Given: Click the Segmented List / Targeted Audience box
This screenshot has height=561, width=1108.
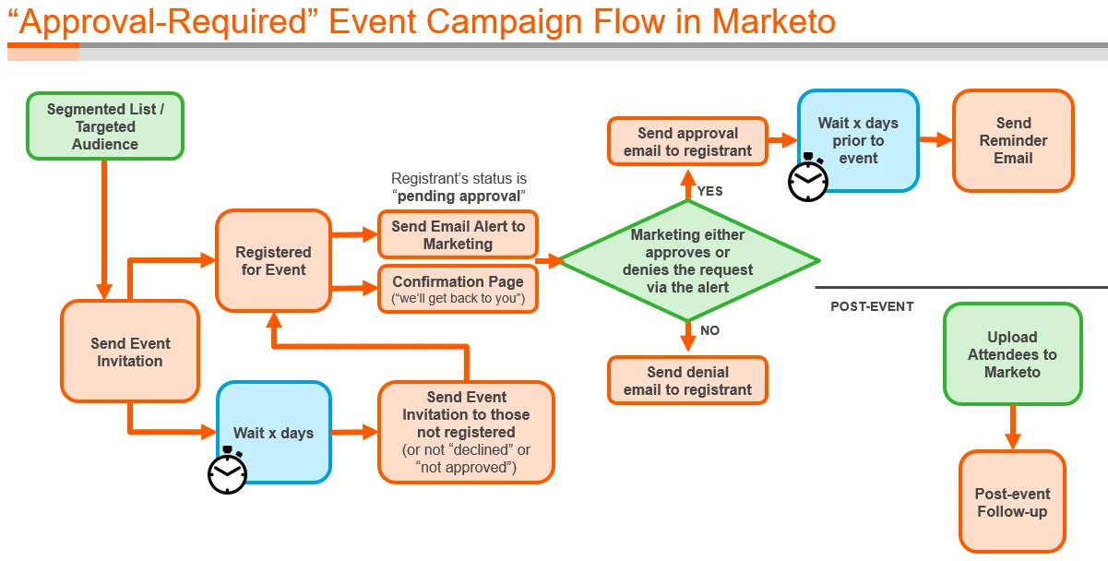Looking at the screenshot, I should [105, 126].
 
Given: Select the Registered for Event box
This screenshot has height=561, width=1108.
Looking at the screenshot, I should [273, 260].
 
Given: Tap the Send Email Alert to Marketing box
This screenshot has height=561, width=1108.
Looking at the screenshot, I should [458, 235].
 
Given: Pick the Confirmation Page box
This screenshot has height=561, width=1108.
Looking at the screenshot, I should [458, 289].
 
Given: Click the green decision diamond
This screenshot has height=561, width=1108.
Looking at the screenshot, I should [688, 261].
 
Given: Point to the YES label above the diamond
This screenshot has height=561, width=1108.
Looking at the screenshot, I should [709, 191].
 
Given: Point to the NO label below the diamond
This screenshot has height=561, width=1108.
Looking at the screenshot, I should [709, 330].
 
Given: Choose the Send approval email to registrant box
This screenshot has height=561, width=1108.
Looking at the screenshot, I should [687, 142].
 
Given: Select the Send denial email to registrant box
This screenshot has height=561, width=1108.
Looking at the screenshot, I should [687, 380].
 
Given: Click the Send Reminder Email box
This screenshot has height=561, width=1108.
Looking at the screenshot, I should [1013, 140].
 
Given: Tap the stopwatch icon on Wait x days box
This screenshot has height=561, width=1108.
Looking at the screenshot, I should [227, 471].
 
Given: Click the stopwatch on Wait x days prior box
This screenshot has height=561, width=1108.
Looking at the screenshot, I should [808, 179].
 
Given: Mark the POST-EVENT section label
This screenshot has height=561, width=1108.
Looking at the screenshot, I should [872, 306].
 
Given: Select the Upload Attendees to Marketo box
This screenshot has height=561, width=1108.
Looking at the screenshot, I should [1012, 354].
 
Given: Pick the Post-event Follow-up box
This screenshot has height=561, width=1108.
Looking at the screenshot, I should [1012, 502].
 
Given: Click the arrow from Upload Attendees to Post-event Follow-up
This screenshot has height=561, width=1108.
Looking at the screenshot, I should [1012, 427].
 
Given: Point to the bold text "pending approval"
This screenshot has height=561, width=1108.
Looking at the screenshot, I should [460, 196].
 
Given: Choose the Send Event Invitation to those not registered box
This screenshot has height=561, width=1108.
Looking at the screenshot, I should [466, 432].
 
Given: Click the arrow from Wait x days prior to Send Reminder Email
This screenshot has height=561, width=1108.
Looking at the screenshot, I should [935, 140].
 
